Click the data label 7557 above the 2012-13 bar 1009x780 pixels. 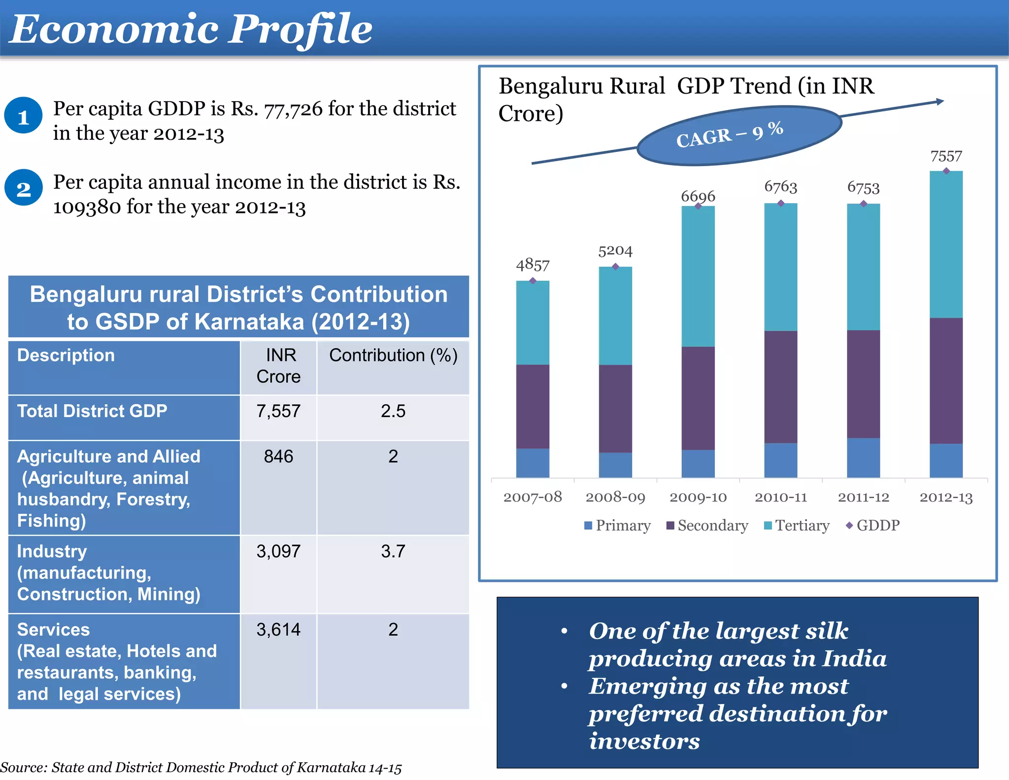945,156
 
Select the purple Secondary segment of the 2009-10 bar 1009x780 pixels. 698,398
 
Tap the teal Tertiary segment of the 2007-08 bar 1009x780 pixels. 532,323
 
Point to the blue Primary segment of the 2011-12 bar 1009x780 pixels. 863,457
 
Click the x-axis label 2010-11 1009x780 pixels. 780,497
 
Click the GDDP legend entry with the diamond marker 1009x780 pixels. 873,526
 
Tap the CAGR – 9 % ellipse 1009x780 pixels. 739,135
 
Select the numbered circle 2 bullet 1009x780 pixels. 23,188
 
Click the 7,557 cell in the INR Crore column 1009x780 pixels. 278,411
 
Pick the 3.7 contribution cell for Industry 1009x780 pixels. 393,551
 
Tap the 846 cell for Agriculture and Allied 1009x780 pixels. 278,457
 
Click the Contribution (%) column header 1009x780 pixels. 393,355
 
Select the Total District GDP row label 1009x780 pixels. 92,411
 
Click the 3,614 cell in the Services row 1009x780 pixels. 278,630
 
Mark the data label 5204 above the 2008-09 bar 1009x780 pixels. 615,251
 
